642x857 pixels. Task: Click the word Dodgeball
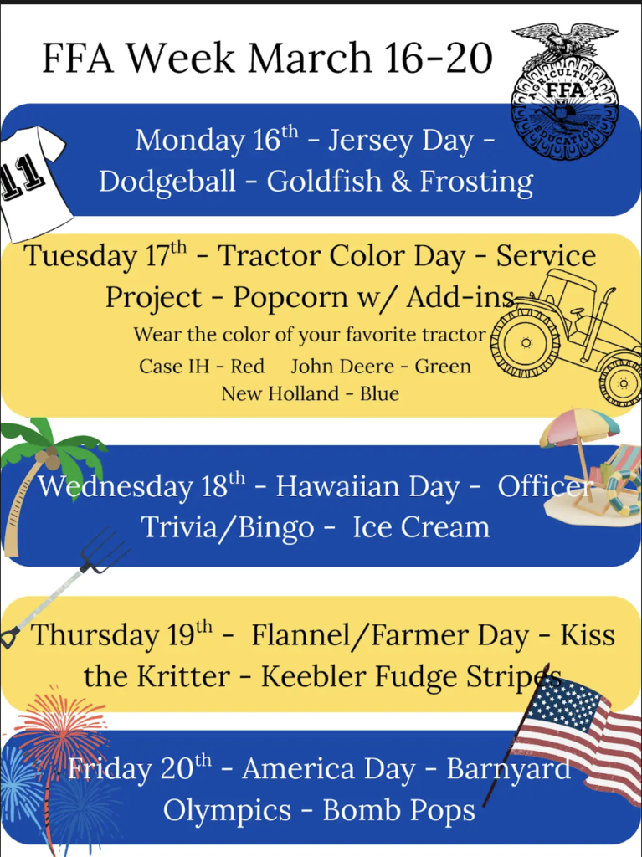point(167,182)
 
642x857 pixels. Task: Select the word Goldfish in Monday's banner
point(324,181)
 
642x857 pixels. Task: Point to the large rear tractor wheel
point(525,342)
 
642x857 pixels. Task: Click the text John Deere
point(342,367)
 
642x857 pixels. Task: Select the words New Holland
point(280,393)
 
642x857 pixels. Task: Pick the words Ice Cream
point(421,528)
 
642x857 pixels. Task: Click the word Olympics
point(227,811)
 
